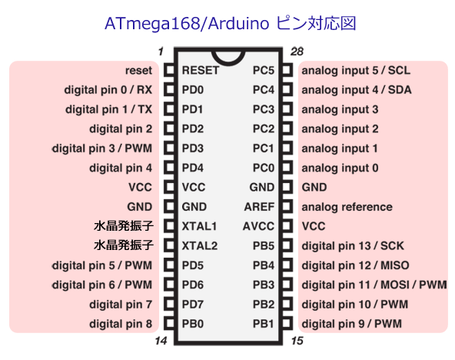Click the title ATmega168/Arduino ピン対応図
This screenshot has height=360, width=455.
pos(230,23)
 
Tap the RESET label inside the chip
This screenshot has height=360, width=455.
pos(201,70)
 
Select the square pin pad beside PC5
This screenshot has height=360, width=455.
pos(287,70)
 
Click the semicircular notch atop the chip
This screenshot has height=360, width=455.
pos(228,58)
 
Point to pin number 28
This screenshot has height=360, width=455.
pos(297,52)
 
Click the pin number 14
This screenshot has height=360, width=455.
pos(161,341)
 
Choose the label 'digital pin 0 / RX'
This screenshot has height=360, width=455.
pos(108,90)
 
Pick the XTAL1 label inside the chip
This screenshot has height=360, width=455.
pos(199,226)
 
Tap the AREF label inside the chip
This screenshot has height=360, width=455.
pos(259,207)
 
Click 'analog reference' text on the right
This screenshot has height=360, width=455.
pos(347,207)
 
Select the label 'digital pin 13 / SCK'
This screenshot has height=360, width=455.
pos(353,246)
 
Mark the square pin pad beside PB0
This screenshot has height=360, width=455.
pos(170,323)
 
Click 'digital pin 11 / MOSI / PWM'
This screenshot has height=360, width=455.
pos(374,285)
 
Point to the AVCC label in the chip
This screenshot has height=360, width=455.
pos(258,226)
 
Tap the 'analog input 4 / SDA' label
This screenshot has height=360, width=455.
pos(357,90)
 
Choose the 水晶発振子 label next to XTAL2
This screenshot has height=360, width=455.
pos(123,245)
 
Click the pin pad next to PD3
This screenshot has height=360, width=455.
pos(170,148)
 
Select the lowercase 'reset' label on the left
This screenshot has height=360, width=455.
pos(138,70)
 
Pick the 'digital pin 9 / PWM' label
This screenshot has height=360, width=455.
pos(352,324)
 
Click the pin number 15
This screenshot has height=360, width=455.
pos(297,341)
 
